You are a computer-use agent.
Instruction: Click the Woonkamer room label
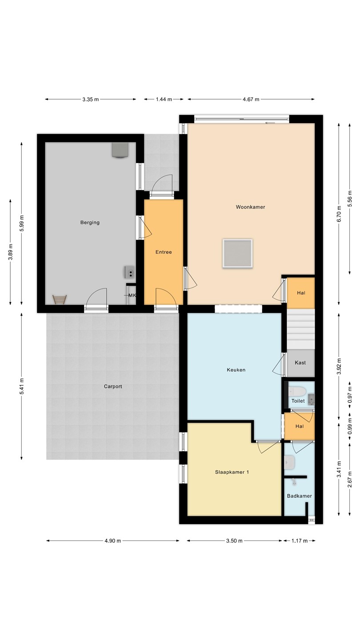pos(250,207)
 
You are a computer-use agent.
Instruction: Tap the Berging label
pos(90,223)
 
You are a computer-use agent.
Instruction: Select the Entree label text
pos(164,252)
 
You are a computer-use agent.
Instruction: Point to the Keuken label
pos(236,370)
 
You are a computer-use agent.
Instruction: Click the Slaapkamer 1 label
pos(232,472)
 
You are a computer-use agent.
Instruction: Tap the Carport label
pos(113,387)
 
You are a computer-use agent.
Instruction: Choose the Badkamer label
pos(300,496)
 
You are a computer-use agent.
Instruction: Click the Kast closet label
pos(300,363)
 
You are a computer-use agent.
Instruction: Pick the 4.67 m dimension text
pos(251,100)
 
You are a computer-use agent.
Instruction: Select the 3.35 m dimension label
pos(91,100)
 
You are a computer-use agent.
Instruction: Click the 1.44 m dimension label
pos(164,100)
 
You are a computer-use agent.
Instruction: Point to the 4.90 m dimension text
pos(112,541)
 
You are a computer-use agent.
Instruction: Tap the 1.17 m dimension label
pos(300,541)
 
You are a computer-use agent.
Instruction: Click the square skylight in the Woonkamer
pos(238,254)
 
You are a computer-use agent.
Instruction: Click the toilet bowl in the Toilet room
pos(297,391)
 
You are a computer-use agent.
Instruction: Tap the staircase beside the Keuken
pos(300,329)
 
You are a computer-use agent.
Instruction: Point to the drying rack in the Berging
pos(60,300)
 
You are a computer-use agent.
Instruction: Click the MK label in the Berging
pos(132,296)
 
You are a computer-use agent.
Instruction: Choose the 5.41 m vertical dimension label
pos(22,386)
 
